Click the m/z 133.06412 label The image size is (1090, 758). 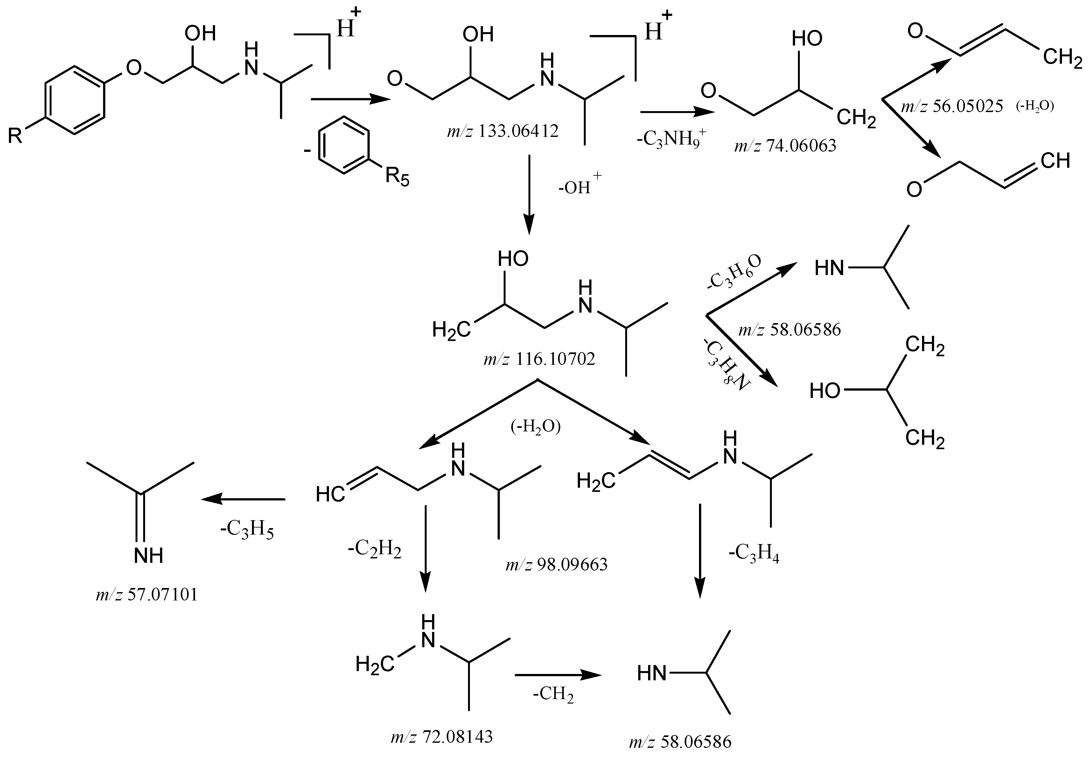coord(503,131)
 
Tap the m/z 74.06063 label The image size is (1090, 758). coord(785,145)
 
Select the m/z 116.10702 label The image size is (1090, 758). coord(539,359)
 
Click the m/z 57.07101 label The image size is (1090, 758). coord(147,595)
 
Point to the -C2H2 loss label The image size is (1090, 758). coord(374,550)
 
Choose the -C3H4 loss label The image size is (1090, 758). coord(754,554)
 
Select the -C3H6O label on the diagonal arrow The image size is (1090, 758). coord(734,272)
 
